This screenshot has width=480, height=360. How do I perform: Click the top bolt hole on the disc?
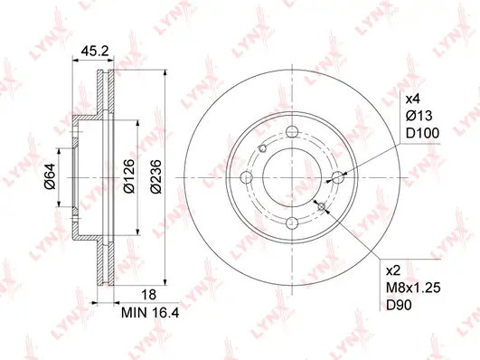(x=291, y=134)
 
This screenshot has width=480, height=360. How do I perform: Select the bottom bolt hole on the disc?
(x=291, y=223)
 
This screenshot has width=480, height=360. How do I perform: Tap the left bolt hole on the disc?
(x=247, y=178)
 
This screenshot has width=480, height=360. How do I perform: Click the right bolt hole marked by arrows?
(x=335, y=178)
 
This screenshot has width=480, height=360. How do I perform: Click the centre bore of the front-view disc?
(x=291, y=178)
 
